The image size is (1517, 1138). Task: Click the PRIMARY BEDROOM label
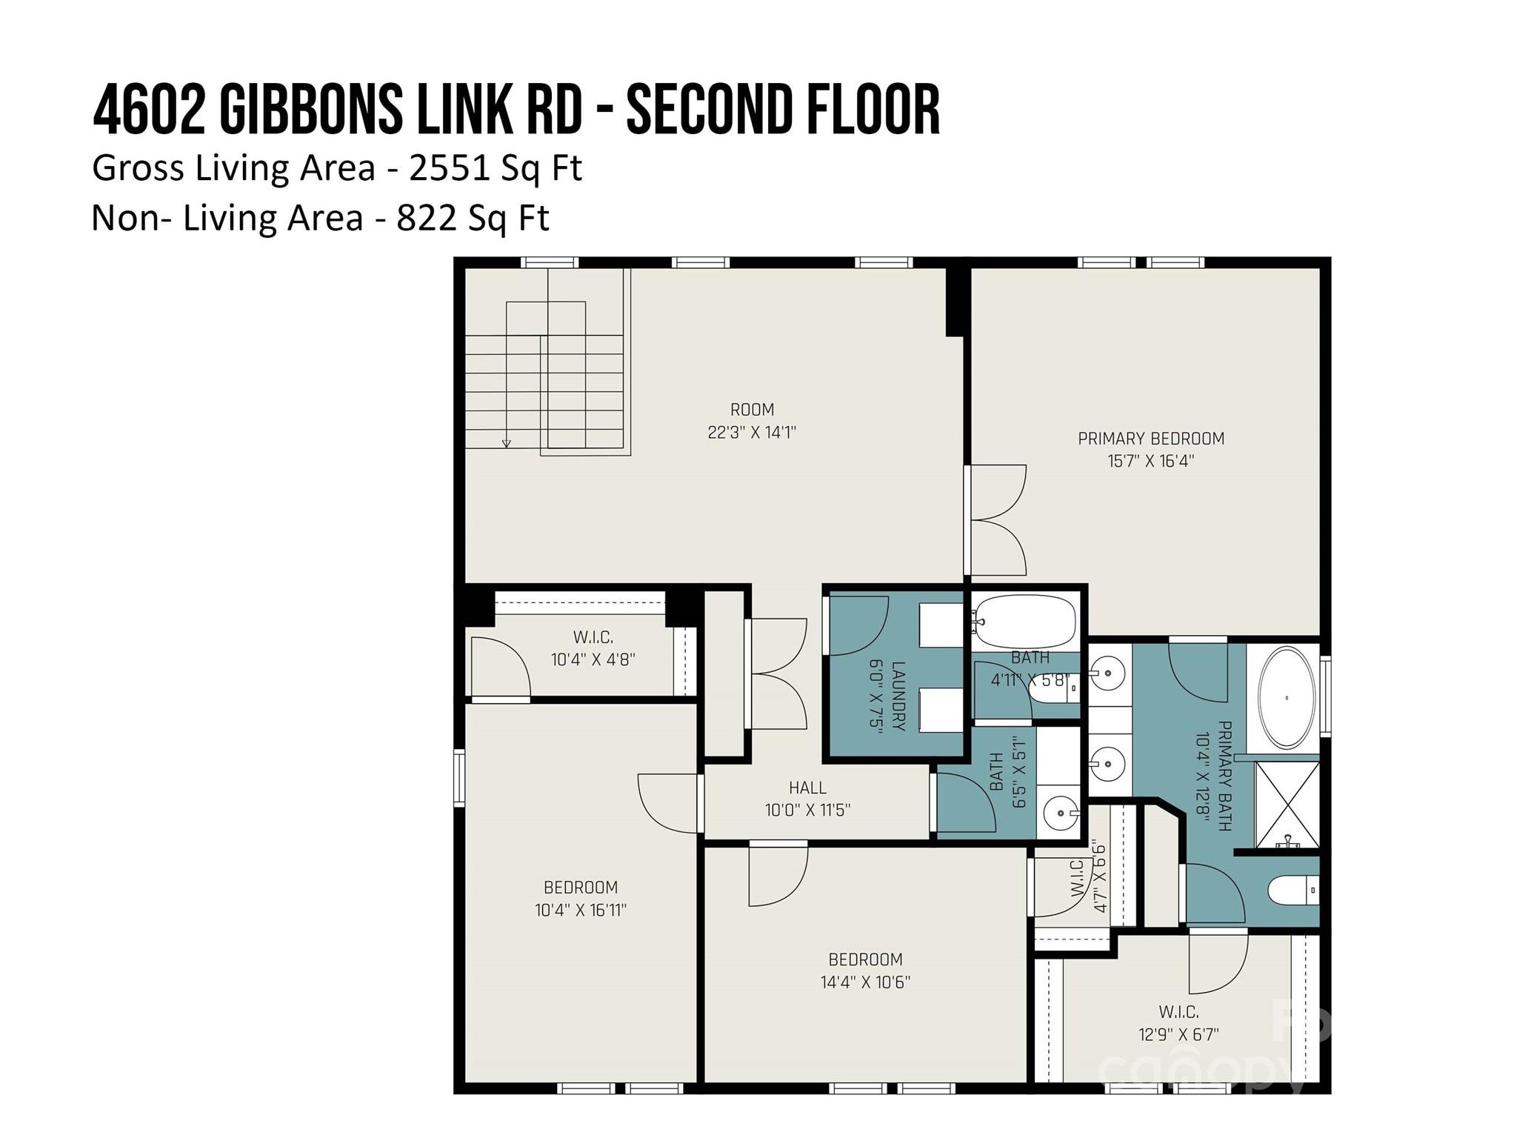[x=1150, y=438]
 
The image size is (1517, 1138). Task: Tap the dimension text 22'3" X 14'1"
[x=751, y=433]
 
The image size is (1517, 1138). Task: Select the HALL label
[x=807, y=788]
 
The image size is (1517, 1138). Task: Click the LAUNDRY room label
[x=898, y=696]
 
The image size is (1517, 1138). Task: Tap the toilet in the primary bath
[x=1293, y=890]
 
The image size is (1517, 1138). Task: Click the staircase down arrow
[x=507, y=443]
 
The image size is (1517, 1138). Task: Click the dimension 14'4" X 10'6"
[x=865, y=982]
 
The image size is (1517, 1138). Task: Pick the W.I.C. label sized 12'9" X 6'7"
[x=1178, y=1011]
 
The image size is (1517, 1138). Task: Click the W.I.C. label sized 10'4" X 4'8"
[x=593, y=636]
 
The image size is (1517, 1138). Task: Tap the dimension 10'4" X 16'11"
[x=581, y=910]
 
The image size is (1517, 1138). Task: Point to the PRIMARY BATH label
[x=1224, y=776]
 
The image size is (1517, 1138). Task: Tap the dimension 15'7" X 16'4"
[x=1150, y=461]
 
